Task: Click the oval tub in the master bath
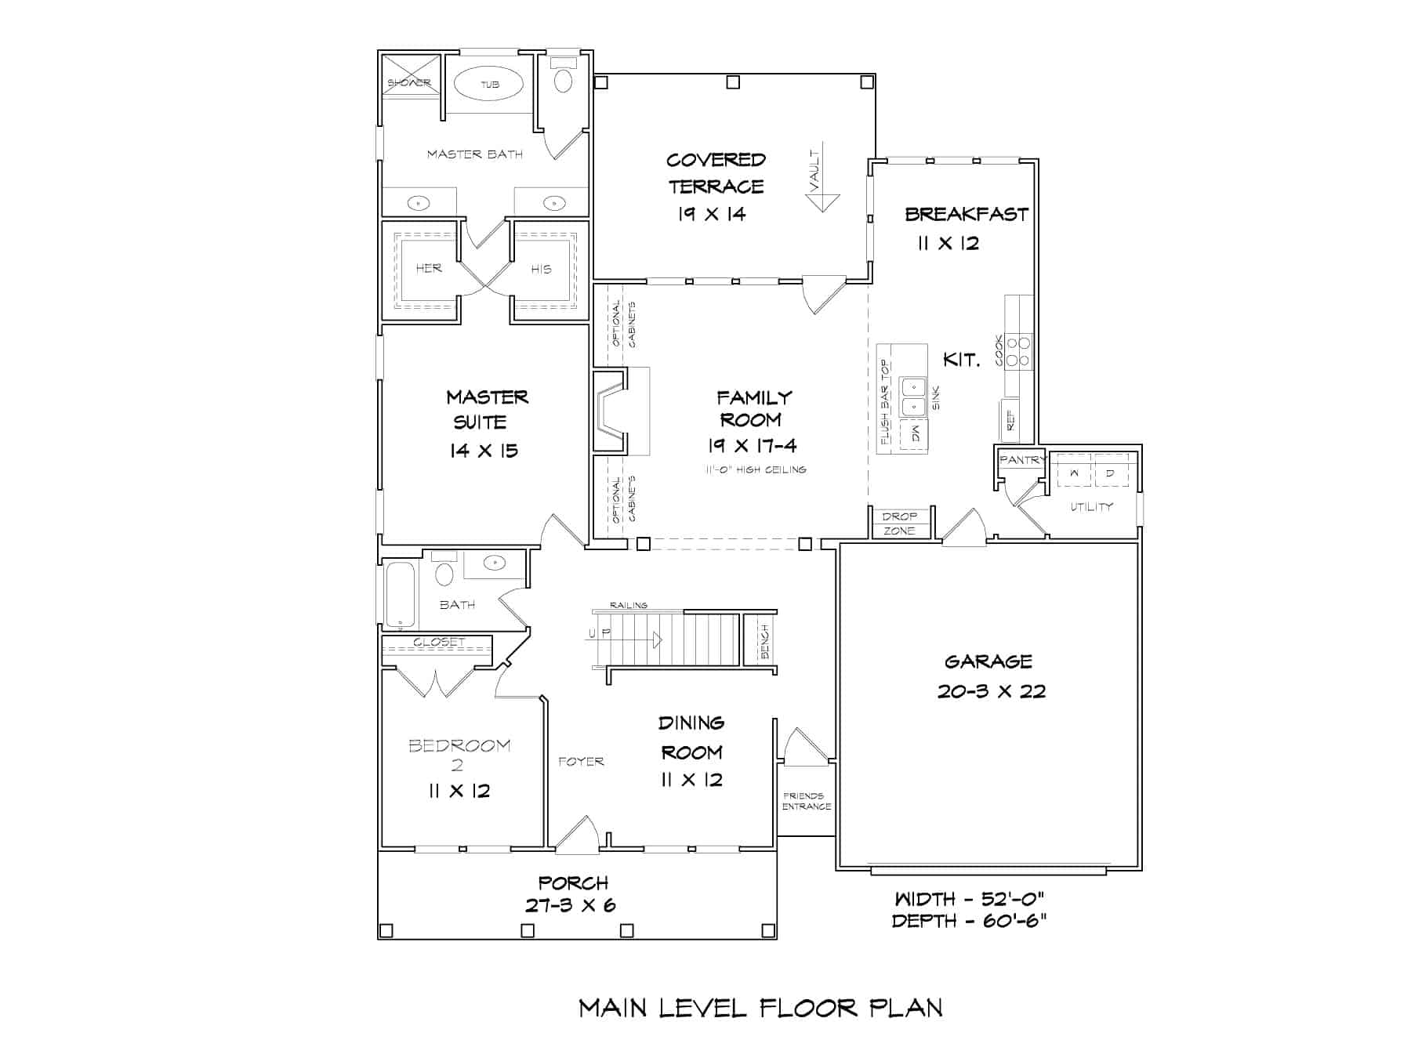click(490, 84)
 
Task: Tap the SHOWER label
click(409, 83)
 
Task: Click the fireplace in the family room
click(611, 411)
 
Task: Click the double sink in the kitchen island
click(912, 397)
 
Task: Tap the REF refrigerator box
click(1010, 421)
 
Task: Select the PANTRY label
click(1022, 460)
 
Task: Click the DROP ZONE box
click(900, 524)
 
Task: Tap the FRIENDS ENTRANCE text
click(806, 801)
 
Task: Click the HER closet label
click(429, 268)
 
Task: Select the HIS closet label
click(542, 269)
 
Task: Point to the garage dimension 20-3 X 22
click(992, 691)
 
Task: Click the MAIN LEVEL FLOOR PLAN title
click(760, 1008)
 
